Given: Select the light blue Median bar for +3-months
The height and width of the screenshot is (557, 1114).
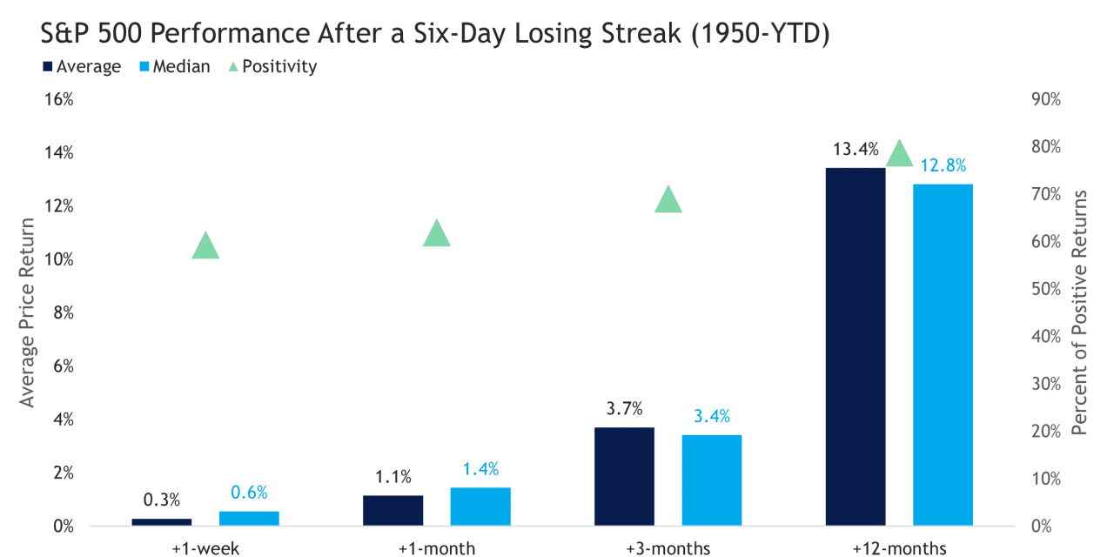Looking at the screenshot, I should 712,480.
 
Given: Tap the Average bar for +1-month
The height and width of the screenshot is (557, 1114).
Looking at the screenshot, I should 393,511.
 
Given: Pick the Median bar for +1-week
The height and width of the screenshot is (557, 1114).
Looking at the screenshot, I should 249,518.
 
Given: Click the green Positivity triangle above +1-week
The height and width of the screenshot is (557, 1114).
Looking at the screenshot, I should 205,247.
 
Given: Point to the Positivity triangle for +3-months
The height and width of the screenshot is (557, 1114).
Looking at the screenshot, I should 668,201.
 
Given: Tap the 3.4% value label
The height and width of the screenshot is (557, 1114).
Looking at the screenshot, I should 712,417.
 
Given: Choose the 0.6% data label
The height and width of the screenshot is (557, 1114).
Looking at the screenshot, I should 249,493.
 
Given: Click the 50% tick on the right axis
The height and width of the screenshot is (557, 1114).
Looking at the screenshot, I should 1044,289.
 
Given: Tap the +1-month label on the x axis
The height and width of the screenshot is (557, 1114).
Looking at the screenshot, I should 436,548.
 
